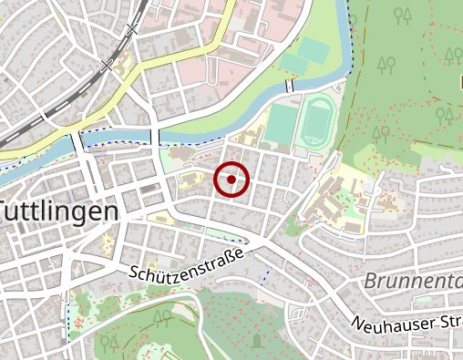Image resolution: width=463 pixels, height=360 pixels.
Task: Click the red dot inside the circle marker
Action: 231,180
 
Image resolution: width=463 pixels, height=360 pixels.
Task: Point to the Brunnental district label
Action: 413,281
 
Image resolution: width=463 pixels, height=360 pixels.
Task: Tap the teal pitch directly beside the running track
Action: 283,124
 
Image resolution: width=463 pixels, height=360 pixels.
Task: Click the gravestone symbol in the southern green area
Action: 256,339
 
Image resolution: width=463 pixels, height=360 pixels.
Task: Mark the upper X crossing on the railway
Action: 133,29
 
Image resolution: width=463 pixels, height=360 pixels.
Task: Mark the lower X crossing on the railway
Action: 108,66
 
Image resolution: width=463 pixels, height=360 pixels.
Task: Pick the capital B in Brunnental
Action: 370,282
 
